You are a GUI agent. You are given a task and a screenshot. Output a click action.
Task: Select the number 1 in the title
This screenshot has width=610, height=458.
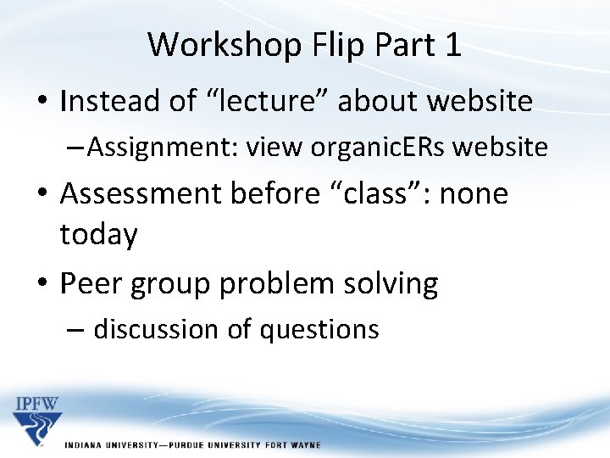[452, 45]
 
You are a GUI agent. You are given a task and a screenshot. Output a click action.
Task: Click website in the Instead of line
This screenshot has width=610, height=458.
[480, 102]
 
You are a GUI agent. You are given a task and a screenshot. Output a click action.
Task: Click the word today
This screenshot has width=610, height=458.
[98, 235]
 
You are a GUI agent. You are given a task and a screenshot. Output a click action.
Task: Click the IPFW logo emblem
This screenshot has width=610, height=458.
[37, 420]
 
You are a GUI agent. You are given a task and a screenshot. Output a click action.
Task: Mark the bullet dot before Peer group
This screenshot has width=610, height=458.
[42, 284]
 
